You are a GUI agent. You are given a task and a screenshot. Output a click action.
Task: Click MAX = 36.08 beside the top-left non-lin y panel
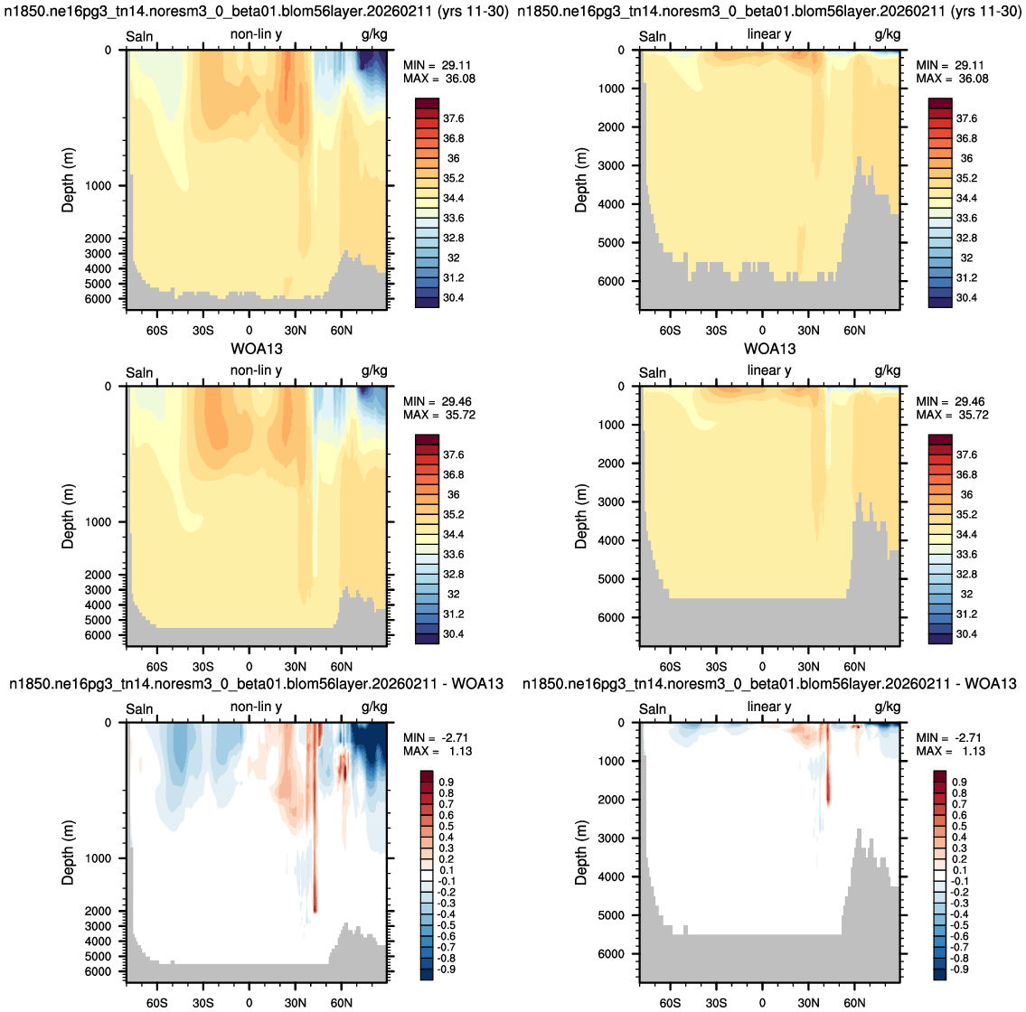(439, 80)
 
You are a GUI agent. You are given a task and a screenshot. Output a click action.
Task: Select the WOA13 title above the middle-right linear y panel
(769, 349)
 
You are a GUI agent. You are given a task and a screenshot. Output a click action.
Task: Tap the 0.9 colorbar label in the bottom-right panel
(959, 782)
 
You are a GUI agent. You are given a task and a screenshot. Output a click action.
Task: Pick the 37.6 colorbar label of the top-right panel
(966, 118)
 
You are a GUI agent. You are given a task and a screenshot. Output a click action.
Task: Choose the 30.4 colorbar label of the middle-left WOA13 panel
(454, 634)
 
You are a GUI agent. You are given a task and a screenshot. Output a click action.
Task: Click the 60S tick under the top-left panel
(157, 331)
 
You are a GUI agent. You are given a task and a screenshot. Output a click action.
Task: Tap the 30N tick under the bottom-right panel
(808, 1003)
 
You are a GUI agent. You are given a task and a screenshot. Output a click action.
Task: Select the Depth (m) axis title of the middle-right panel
(581, 516)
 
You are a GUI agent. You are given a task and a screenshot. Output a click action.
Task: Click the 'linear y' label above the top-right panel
(769, 34)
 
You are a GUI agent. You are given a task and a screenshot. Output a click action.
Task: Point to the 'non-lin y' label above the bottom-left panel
(256, 707)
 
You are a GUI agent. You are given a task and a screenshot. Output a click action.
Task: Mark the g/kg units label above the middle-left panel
(374, 370)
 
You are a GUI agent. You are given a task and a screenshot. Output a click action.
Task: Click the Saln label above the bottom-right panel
(653, 709)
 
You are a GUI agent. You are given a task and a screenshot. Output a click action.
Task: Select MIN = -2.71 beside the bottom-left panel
(436, 738)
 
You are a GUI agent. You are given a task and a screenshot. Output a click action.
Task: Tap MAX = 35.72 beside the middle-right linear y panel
(952, 416)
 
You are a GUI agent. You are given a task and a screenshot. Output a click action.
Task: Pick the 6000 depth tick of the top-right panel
(610, 281)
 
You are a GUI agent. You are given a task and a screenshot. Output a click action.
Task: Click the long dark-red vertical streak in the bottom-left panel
(315, 818)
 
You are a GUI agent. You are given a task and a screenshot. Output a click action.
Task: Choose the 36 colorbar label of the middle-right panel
(966, 494)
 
